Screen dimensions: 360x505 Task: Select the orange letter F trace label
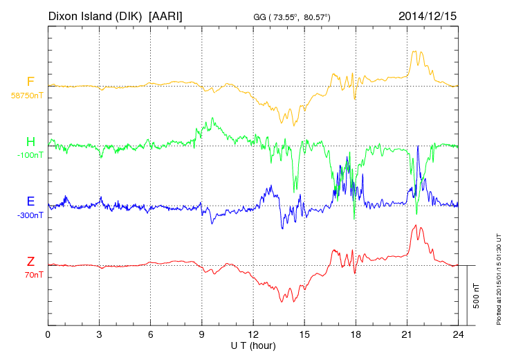[x=30, y=82]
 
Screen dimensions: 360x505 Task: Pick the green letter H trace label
[x=30, y=142]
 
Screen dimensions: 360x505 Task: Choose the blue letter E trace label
[x=30, y=201]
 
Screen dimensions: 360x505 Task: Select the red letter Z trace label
[x=30, y=262]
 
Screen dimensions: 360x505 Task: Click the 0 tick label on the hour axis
[x=48, y=335]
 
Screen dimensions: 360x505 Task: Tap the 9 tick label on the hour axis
[x=202, y=335]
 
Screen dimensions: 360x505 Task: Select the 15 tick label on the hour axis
[x=304, y=335]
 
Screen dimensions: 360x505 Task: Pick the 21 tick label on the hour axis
[x=407, y=335]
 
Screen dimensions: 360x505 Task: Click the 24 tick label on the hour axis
[x=458, y=335]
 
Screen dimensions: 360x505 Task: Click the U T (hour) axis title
[x=253, y=345]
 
